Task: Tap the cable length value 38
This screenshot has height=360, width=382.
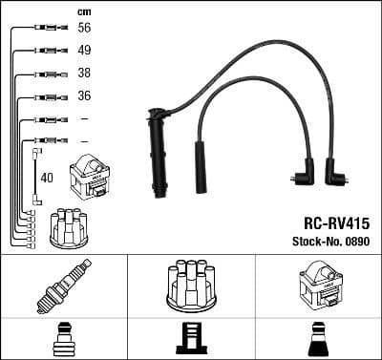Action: click(x=83, y=74)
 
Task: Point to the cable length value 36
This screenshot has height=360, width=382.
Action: click(x=83, y=95)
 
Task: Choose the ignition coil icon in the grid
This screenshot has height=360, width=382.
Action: click(x=318, y=285)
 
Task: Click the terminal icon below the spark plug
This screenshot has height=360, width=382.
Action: click(x=63, y=340)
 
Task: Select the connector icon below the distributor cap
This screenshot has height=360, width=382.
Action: click(x=190, y=340)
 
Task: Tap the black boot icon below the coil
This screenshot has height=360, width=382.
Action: click(x=318, y=340)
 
